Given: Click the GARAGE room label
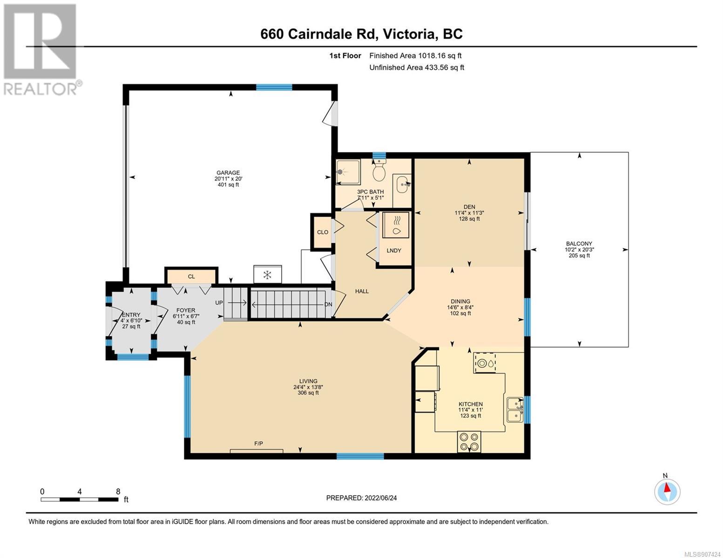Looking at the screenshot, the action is click(x=228, y=173).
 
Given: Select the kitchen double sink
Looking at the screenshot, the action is click(x=514, y=410).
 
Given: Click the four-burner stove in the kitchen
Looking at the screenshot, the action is click(x=469, y=442).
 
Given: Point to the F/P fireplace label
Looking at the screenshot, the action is click(x=258, y=443).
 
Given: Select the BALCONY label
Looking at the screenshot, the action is click(x=579, y=244).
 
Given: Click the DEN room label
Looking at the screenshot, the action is click(x=469, y=207).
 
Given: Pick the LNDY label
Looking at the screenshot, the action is click(x=393, y=251).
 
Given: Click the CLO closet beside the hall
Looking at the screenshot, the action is click(x=323, y=232).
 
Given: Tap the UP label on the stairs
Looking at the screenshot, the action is click(x=219, y=302).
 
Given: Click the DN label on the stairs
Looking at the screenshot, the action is click(x=328, y=305).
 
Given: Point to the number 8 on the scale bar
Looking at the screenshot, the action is click(x=118, y=492).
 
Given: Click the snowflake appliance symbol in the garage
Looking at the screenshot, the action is click(x=267, y=274).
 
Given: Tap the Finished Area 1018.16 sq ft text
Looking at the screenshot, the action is click(x=415, y=55).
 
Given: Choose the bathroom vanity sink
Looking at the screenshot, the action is click(x=402, y=184).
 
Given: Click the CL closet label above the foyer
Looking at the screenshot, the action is click(x=191, y=277).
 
